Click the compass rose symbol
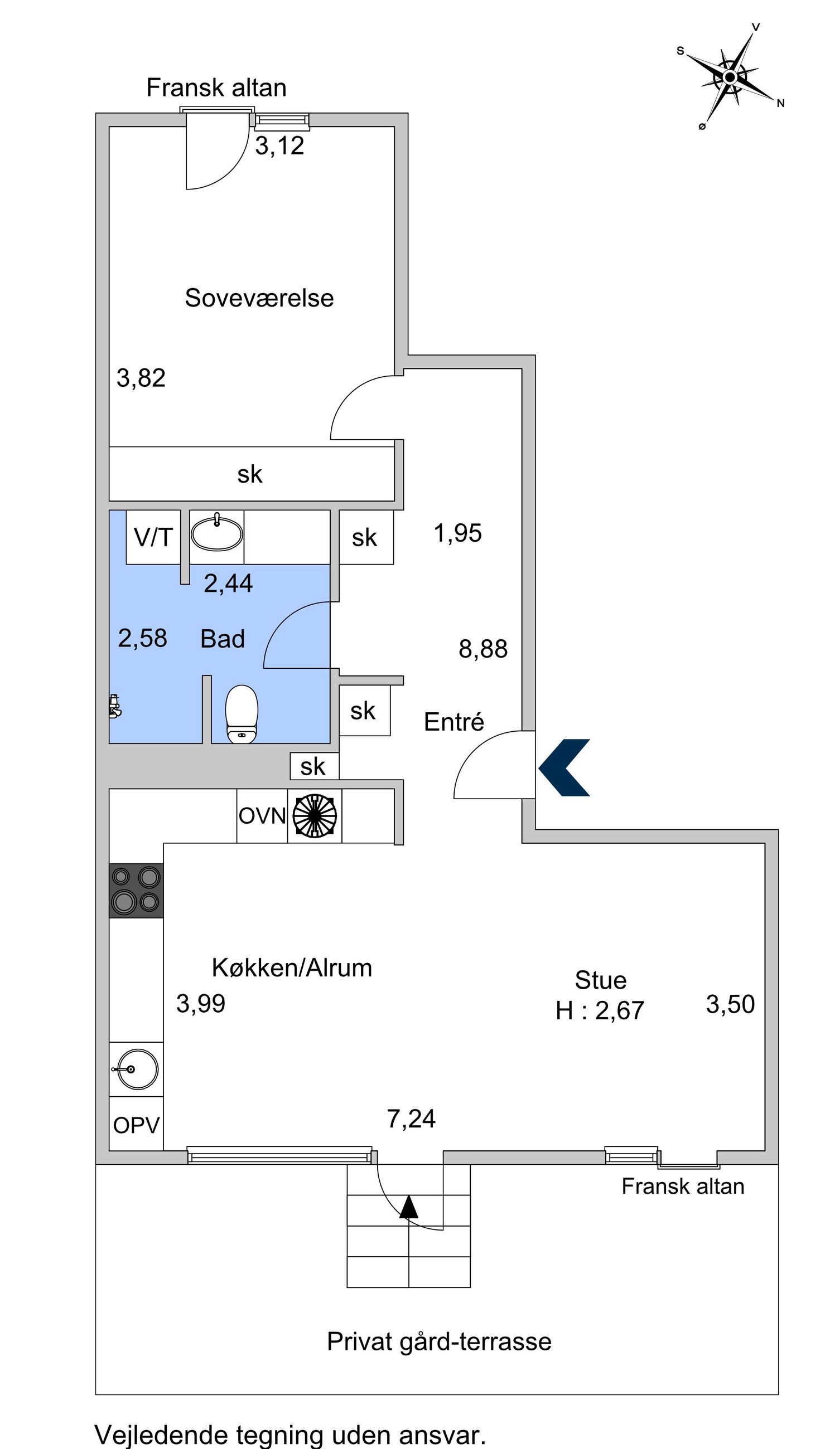[730, 77]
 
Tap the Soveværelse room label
[259, 298]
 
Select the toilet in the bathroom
[242, 714]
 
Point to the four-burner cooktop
[136, 891]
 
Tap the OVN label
[262, 816]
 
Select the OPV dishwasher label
[136, 1125]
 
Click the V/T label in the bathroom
[153, 537]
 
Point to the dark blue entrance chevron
[564, 767]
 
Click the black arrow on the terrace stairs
[409, 1207]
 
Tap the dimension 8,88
[483, 649]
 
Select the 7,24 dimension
[411, 1119]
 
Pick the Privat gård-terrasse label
[439, 1341]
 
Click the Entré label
[453, 722]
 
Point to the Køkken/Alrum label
[292, 967]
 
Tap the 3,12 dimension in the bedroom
[279, 146]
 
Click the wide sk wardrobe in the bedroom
[252, 474]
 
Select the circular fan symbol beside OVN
[315, 816]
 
